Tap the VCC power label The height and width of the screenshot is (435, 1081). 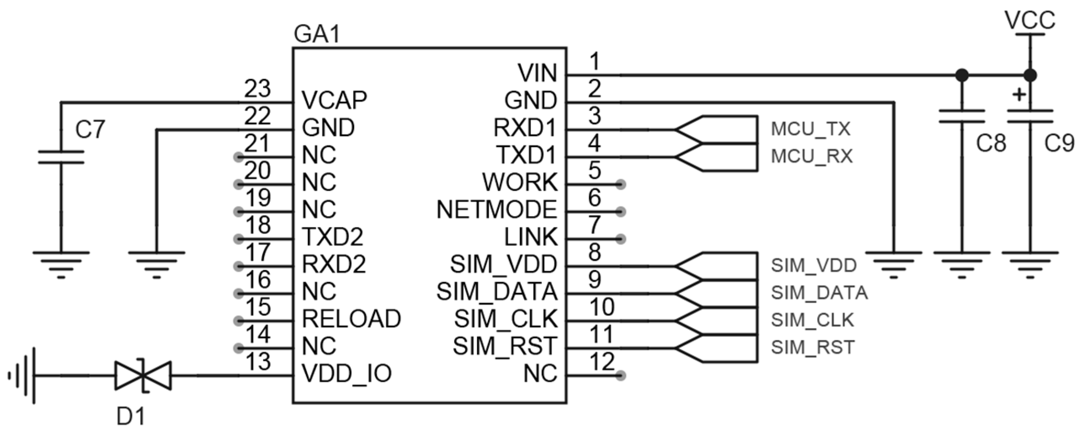1030,20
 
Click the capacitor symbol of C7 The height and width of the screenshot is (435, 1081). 61,157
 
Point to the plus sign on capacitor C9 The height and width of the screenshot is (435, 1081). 1019,95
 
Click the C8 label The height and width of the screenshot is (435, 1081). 991,144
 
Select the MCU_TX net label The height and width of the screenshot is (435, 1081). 811,129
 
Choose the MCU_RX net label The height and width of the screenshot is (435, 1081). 812,157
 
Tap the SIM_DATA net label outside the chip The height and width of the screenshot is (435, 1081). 819,293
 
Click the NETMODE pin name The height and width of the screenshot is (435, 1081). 497,210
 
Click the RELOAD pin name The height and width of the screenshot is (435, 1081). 351,319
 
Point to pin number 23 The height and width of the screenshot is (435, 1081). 257,89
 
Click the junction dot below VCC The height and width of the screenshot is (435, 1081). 1030,75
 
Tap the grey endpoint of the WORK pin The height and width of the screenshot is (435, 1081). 620,184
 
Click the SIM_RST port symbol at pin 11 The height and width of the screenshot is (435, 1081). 716,349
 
